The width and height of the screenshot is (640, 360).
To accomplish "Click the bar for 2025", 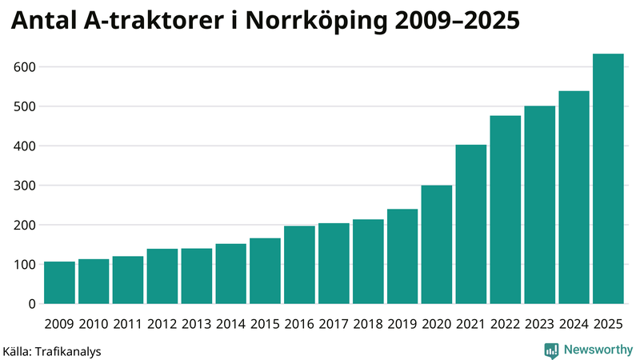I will [608, 179].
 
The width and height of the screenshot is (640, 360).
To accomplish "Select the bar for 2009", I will [59, 283].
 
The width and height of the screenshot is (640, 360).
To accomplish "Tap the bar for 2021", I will [470, 225].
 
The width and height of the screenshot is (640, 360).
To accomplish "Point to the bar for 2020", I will [437, 245].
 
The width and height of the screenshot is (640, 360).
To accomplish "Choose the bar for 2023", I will [539, 205].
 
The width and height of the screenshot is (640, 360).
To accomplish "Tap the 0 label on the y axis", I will [32, 304].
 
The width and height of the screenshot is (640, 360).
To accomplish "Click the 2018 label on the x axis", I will [368, 324].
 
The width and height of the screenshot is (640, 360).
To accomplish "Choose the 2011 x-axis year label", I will [128, 324].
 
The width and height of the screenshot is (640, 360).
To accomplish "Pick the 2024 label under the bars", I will [574, 324].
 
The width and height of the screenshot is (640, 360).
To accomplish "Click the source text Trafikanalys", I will [68, 351].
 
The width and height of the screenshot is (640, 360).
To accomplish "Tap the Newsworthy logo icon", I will [551, 350].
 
